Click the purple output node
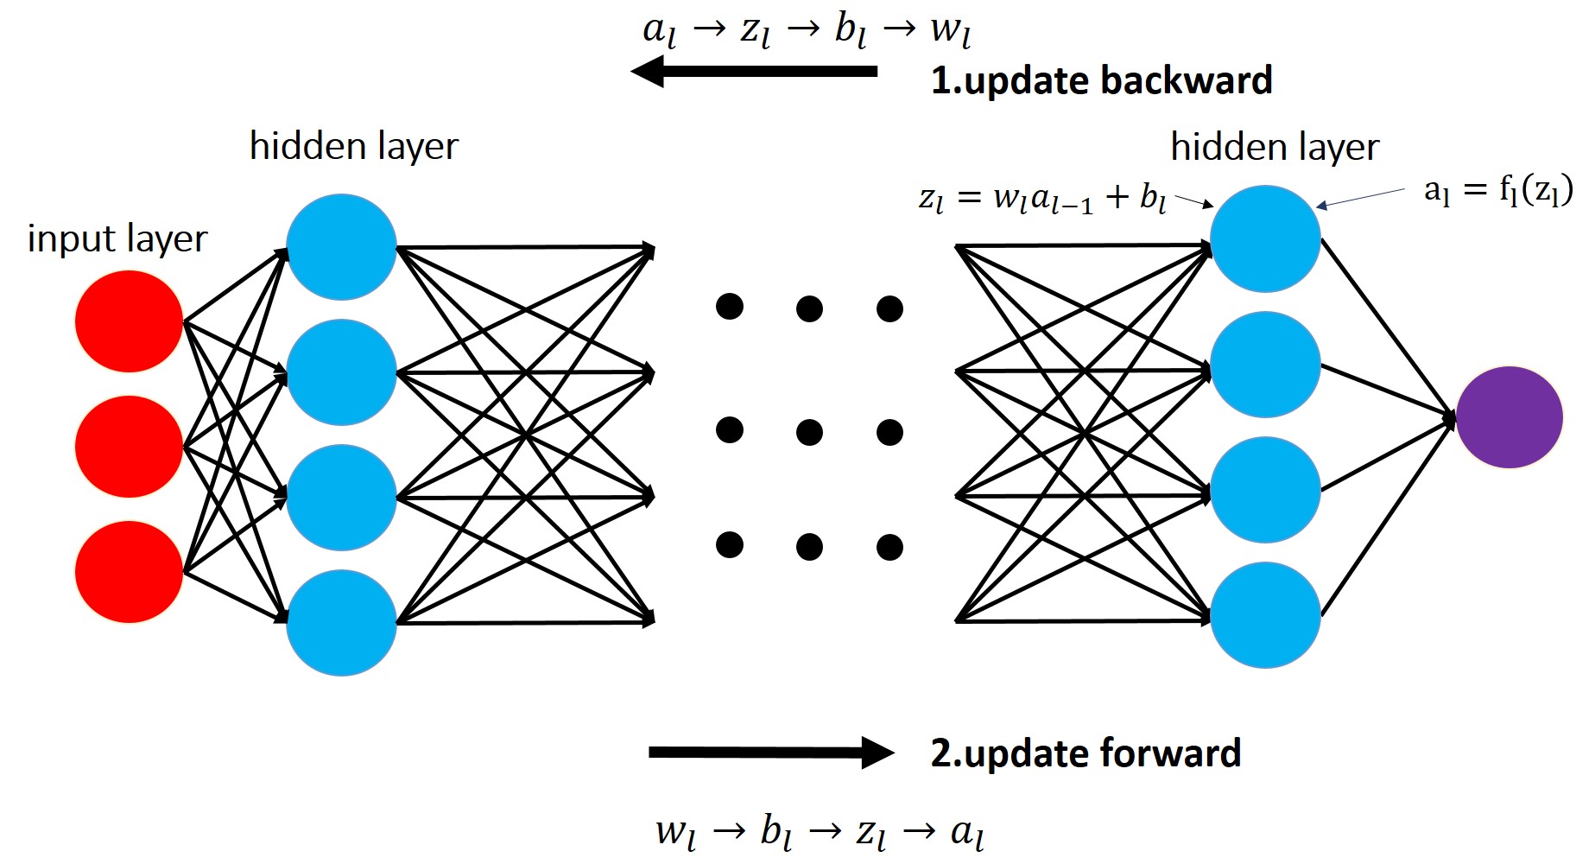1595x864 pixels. [x=1509, y=417]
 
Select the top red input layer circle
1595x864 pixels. [x=129, y=321]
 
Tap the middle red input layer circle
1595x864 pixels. [x=129, y=447]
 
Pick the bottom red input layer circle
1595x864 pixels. [x=129, y=572]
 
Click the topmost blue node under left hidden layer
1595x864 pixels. [x=341, y=247]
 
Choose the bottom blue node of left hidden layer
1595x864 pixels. [x=341, y=622]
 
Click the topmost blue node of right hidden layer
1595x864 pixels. [x=1265, y=238]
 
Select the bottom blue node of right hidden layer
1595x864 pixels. [x=1265, y=615]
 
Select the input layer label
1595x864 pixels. [x=117, y=238]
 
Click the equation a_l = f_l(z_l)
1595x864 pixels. [x=1497, y=190]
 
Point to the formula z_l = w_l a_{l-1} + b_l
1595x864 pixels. [x=1042, y=199]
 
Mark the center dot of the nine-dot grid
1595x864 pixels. [x=809, y=431]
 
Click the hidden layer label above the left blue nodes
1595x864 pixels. [x=353, y=146]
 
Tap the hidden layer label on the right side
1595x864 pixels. [x=1275, y=147]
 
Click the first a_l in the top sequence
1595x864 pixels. [x=659, y=31]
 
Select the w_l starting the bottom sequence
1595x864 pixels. [x=675, y=832]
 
